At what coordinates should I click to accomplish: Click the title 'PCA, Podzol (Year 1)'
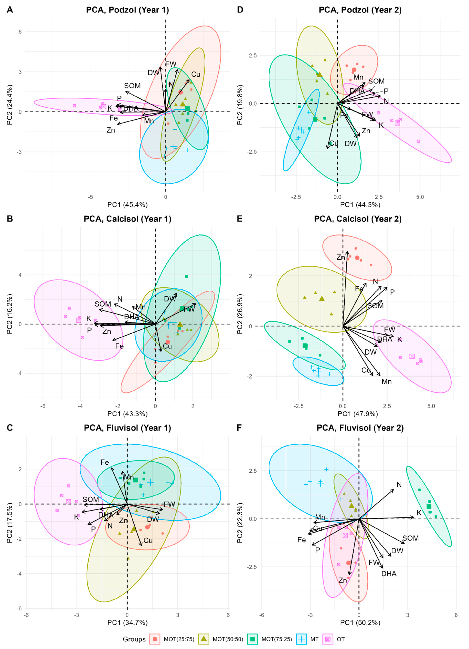point(128,10)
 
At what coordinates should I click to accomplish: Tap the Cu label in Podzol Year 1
point(196,74)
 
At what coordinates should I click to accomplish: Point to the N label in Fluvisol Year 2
point(399,484)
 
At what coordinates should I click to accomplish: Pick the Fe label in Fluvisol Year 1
point(105,462)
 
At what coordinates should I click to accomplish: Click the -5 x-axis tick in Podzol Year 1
point(90,197)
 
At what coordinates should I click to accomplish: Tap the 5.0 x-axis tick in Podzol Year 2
point(420,197)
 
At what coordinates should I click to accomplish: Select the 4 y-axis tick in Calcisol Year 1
point(20,275)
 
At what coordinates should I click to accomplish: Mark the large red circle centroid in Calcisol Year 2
point(357,258)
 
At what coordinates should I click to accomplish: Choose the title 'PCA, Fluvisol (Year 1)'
point(128,428)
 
